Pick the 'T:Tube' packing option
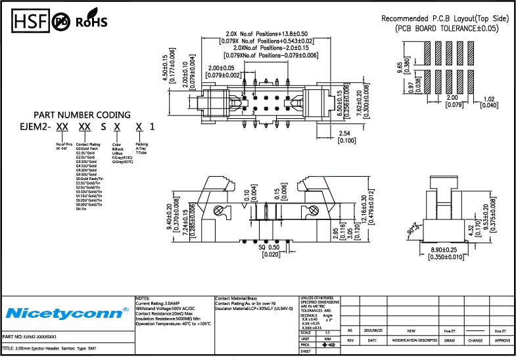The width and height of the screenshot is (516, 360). tap(141, 152)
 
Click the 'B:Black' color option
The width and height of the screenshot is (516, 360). tap(118, 148)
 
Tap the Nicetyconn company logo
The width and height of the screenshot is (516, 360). tap(58, 311)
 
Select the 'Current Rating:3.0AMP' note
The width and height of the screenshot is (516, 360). tap(158, 304)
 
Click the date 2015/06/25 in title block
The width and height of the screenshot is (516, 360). tap(371, 330)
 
